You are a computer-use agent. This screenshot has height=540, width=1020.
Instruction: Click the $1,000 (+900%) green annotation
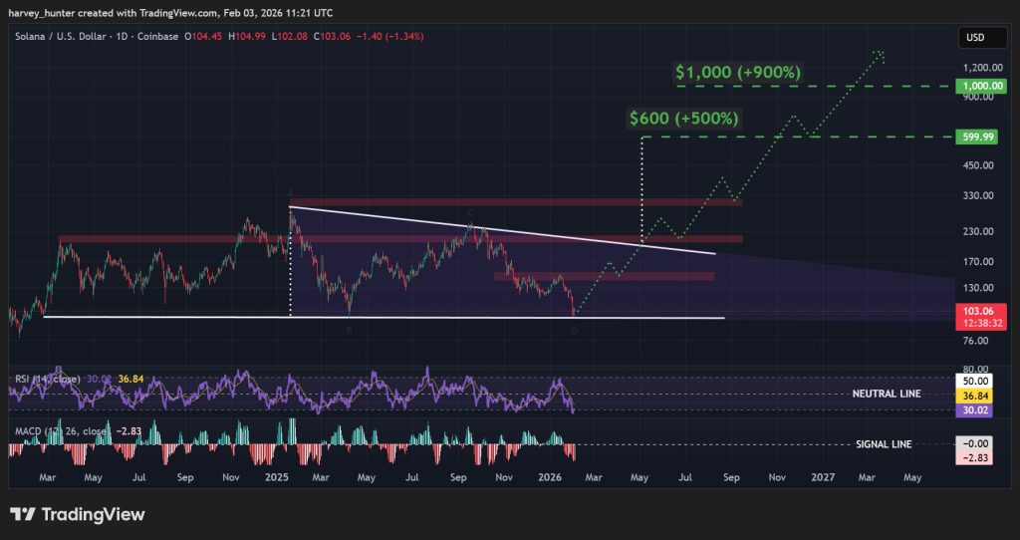(x=738, y=73)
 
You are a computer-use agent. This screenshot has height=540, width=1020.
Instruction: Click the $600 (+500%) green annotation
(x=684, y=118)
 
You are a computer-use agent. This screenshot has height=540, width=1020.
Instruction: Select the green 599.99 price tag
(x=975, y=136)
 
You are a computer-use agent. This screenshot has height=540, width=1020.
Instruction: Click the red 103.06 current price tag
(x=975, y=310)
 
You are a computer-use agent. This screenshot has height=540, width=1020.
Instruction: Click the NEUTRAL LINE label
(x=886, y=394)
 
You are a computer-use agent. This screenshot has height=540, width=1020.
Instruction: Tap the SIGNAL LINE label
(x=884, y=444)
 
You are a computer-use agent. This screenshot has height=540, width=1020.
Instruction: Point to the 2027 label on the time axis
(x=823, y=478)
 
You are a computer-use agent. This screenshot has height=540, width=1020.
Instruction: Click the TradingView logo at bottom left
(x=78, y=515)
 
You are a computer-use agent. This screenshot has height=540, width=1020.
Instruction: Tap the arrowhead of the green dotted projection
(x=879, y=54)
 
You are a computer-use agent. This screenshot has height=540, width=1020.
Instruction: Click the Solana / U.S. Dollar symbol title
(x=59, y=37)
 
